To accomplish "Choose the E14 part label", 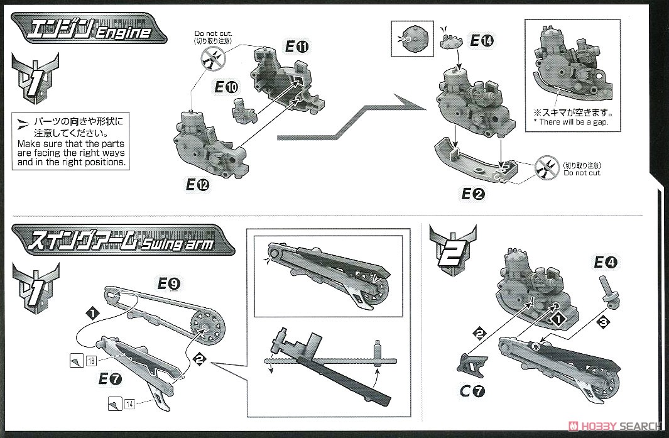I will pyautogui.click(x=481, y=41).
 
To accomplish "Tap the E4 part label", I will pyautogui.click(x=606, y=263).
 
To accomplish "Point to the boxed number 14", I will pyautogui.click(x=130, y=403).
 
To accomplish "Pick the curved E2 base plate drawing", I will pyautogui.click(x=477, y=160).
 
